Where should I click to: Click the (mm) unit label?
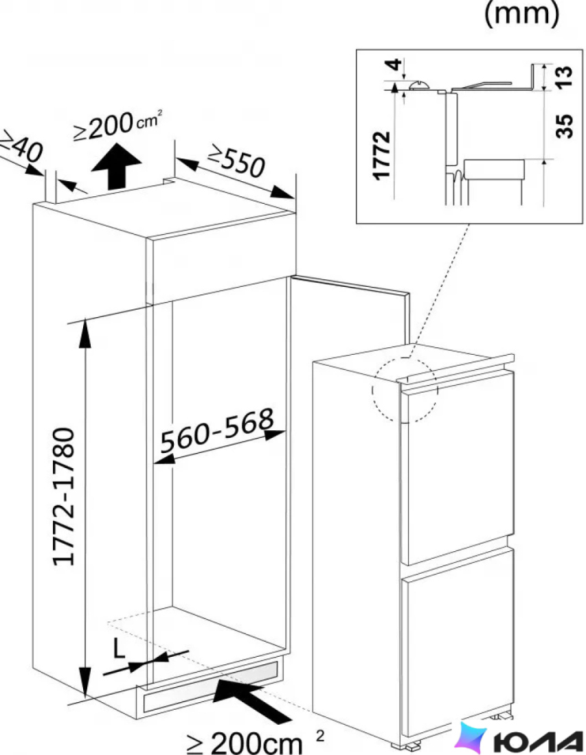[521, 14]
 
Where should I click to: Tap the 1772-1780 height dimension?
[63, 497]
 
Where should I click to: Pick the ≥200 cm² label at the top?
[117, 126]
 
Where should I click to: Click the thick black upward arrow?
[115, 165]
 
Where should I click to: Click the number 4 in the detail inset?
[394, 65]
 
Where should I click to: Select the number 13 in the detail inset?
[564, 77]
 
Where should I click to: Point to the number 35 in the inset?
[564, 126]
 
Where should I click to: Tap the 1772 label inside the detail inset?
[382, 155]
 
